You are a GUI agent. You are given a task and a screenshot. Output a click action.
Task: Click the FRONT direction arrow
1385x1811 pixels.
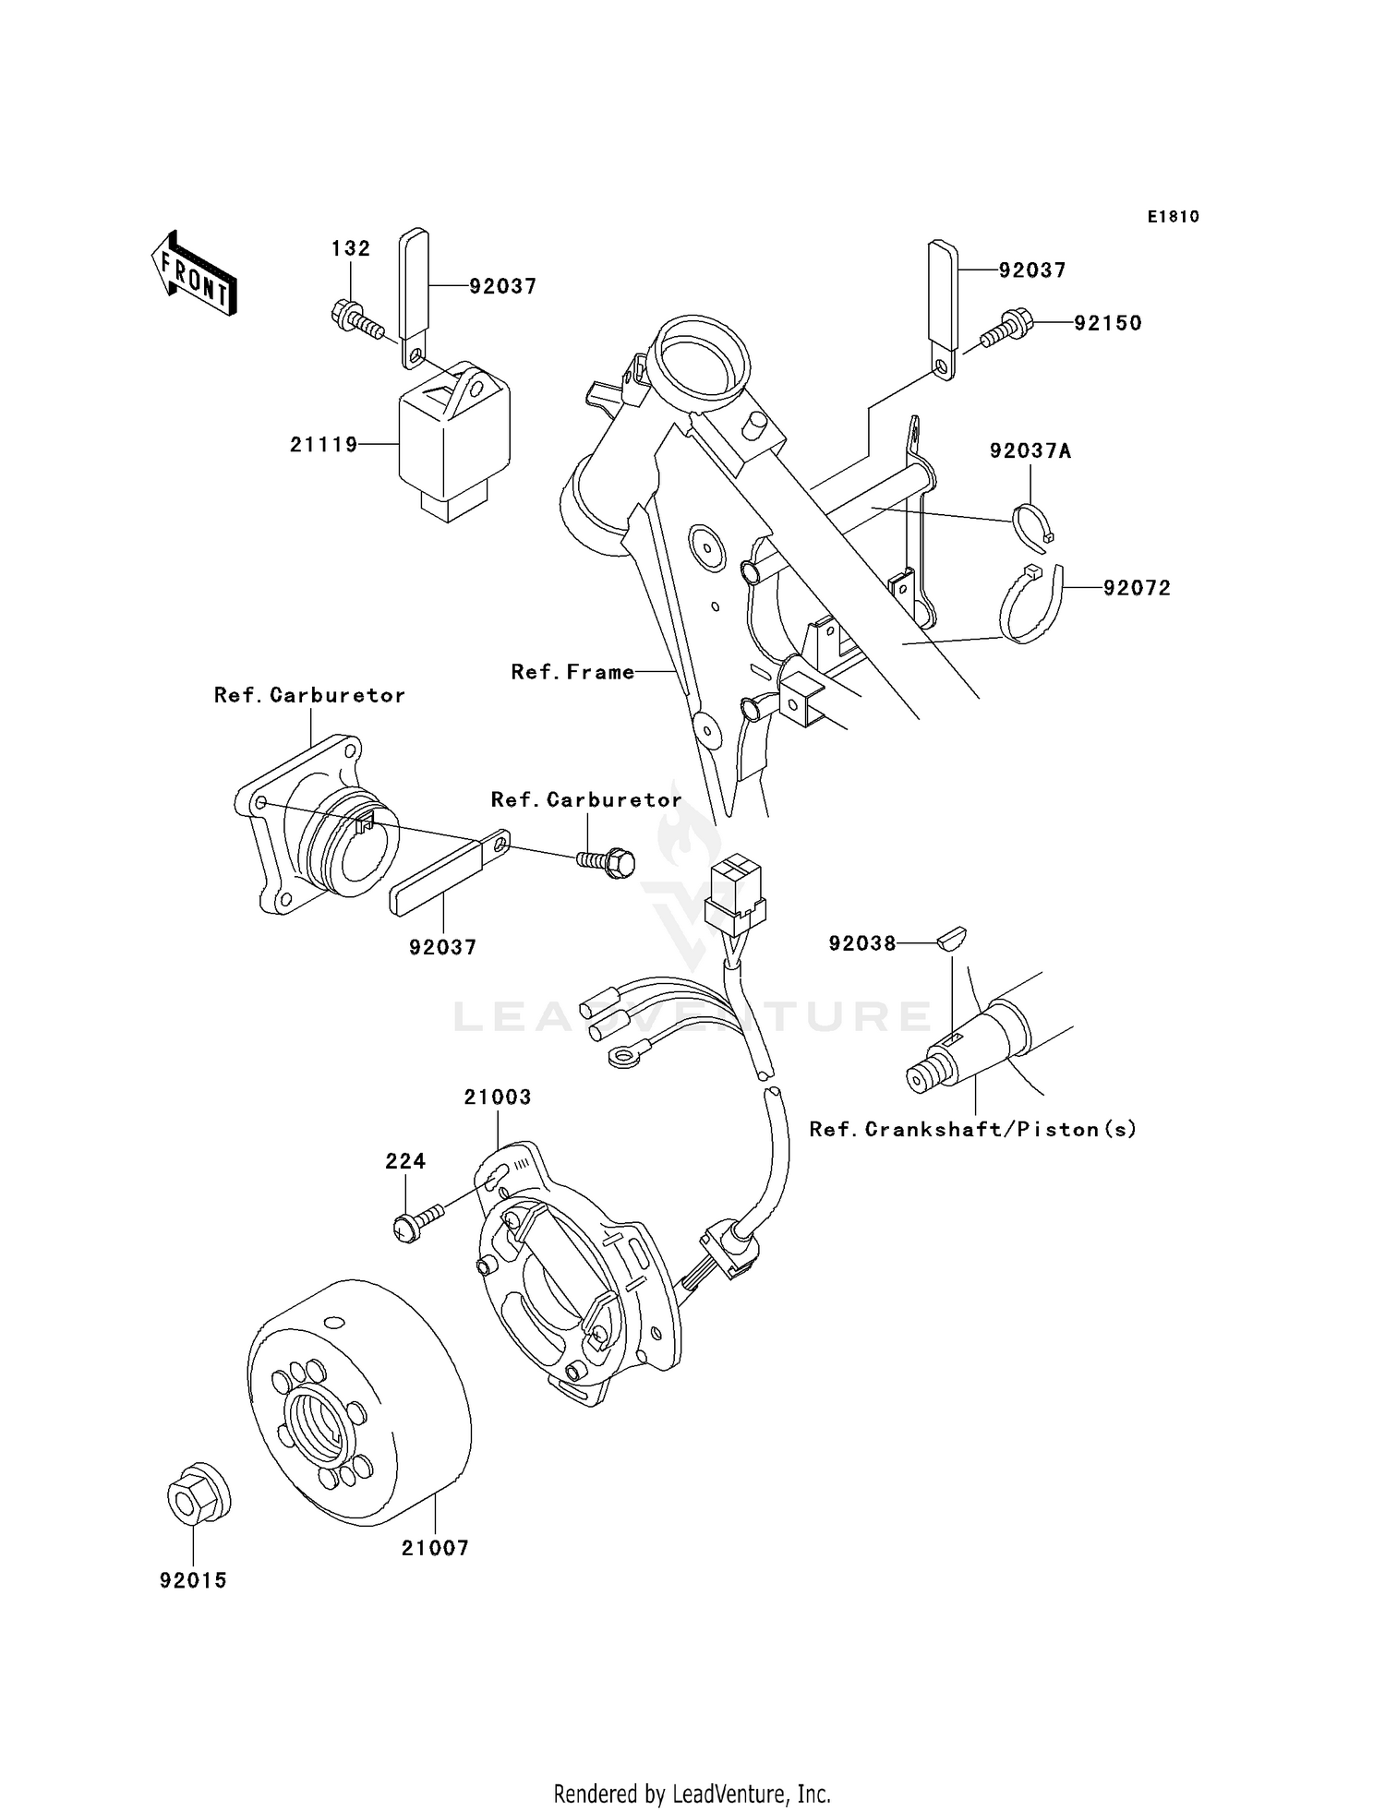tap(194, 275)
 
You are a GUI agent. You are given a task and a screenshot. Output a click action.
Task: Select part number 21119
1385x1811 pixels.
tap(323, 445)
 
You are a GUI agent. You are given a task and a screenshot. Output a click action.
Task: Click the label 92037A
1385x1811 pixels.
tap(1030, 451)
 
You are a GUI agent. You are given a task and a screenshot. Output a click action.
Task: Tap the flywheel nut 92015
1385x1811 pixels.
tap(198, 1493)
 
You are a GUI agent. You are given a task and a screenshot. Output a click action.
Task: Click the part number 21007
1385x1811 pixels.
tap(435, 1548)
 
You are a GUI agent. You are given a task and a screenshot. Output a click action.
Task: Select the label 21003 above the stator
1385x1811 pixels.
tap(498, 1097)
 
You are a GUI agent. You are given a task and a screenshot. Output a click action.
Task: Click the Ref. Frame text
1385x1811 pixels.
tap(572, 672)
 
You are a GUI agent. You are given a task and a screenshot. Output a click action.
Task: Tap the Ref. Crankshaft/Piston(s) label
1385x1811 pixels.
tap(972, 1129)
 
